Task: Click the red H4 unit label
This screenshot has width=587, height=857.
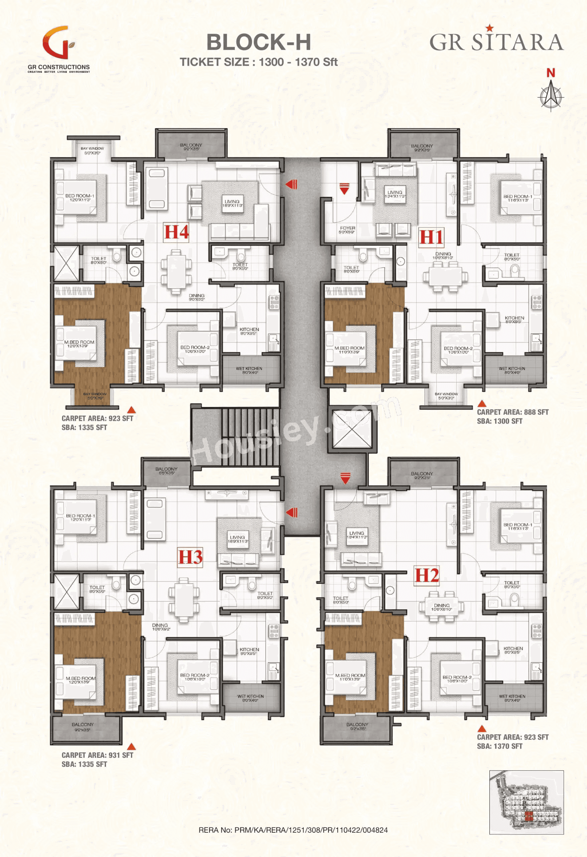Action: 176,232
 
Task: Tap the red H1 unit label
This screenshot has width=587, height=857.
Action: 431,237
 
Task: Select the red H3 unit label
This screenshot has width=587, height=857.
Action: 190,557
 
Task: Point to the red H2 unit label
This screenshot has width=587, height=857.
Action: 427,575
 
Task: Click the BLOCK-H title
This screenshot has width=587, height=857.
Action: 259,42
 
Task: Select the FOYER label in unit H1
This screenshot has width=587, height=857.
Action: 347,228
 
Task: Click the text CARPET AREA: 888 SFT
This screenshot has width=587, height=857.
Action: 512,412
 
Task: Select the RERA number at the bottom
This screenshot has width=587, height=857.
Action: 293,830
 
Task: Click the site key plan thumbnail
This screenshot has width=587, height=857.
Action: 527,802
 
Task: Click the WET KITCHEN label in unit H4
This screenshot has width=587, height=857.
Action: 249,370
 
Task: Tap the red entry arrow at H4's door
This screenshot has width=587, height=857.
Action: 292,184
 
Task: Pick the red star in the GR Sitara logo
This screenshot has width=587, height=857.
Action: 489,28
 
